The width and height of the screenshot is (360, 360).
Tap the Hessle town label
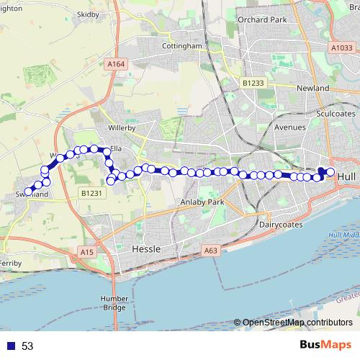point(148,248)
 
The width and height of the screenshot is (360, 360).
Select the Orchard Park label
point(257,19)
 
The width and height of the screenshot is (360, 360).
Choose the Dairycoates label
point(283,225)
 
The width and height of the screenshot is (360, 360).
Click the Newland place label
point(312,88)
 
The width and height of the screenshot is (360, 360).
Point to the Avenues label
point(290,127)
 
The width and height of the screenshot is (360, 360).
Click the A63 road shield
point(210,251)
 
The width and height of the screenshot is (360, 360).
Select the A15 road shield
point(87,252)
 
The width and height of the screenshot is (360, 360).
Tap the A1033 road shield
point(341,48)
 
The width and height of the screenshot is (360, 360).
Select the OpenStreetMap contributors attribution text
point(297,323)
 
